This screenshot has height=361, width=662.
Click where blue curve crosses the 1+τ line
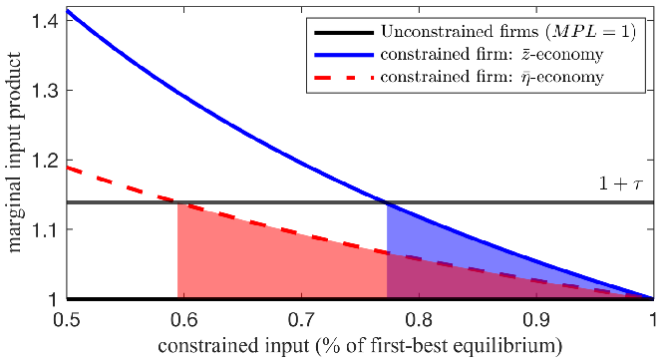click(x=387, y=202)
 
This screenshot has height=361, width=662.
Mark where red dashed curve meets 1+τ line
click(x=177, y=202)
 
